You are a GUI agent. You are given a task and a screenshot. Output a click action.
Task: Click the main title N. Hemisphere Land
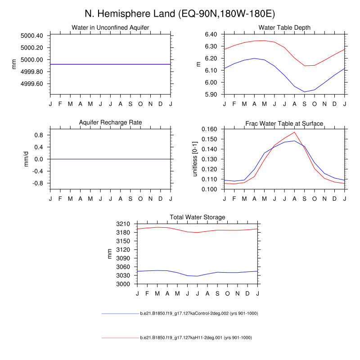[x=180, y=13]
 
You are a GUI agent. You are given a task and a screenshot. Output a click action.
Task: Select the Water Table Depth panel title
[x=284, y=27]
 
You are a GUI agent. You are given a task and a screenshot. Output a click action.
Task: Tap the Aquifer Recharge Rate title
[x=110, y=122]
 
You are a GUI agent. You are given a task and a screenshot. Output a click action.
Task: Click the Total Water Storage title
[x=197, y=217]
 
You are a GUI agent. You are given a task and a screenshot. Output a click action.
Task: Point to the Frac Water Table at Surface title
[x=284, y=123]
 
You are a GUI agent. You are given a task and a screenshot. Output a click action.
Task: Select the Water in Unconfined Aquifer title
[x=110, y=27]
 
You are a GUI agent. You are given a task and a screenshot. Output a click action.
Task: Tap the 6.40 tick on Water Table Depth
[x=211, y=34]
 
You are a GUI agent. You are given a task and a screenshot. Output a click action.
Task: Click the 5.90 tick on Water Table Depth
[x=211, y=94]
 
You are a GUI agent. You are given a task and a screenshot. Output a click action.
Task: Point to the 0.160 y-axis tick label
[x=209, y=129]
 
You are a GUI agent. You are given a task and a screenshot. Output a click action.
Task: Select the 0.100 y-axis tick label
[x=209, y=189]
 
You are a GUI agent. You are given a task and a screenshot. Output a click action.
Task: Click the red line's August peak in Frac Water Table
[x=294, y=132]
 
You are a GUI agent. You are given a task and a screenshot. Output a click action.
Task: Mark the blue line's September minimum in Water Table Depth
[x=304, y=92]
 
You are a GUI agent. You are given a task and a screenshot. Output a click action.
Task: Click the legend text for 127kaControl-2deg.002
[x=198, y=313]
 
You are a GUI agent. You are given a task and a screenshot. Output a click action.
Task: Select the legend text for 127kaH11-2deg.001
[x=196, y=337]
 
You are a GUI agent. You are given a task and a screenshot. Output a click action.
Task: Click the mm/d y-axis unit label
[x=26, y=159]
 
